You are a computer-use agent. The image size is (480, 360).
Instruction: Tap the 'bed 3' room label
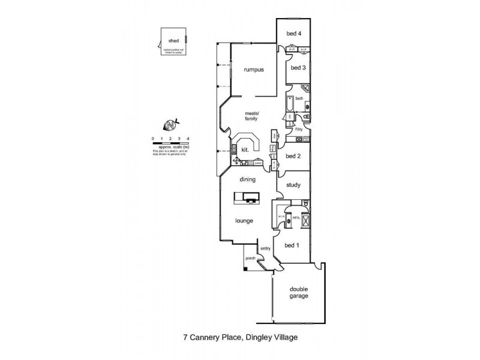point(298,68)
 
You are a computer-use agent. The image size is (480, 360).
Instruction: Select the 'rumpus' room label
point(254,70)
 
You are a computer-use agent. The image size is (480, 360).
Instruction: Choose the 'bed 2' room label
point(293,156)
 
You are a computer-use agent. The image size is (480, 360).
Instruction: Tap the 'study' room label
point(293,185)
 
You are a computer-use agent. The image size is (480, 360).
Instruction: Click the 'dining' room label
point(248,179)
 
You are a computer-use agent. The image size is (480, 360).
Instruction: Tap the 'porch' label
point(250,259)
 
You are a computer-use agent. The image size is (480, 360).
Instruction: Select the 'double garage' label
point(299,292)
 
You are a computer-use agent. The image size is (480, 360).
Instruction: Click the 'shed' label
point(174,41)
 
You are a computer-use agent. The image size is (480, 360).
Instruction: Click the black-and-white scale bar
point(171,143)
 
